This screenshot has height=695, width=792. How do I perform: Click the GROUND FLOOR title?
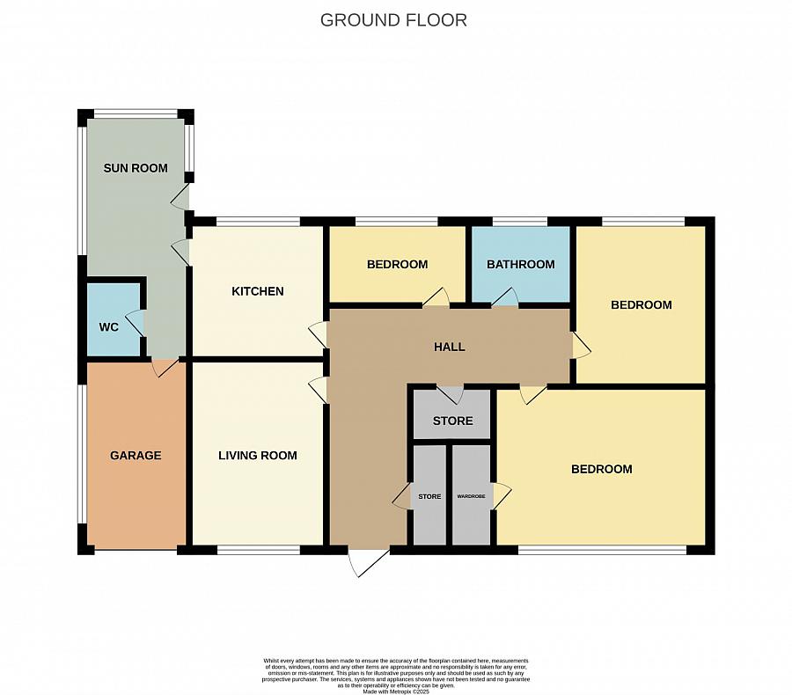393,19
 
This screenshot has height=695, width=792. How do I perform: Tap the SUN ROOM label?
136,168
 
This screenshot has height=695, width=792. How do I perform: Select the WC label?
108,327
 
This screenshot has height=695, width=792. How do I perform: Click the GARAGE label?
136,456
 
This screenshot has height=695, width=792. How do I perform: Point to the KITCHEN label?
258,291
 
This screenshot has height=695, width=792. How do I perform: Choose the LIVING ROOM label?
258,456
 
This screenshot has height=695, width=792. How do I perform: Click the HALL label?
449,347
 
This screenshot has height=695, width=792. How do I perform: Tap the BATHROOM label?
521,264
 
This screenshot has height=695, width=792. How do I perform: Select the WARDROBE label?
471,497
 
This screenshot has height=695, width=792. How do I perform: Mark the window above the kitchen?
258,221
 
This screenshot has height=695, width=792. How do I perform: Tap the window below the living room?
258,550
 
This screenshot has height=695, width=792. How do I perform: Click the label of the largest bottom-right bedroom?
602,469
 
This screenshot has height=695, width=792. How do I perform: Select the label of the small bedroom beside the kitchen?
397,264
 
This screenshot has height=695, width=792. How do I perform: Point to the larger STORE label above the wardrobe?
452,421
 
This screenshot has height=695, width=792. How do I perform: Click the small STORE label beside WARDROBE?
429,497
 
